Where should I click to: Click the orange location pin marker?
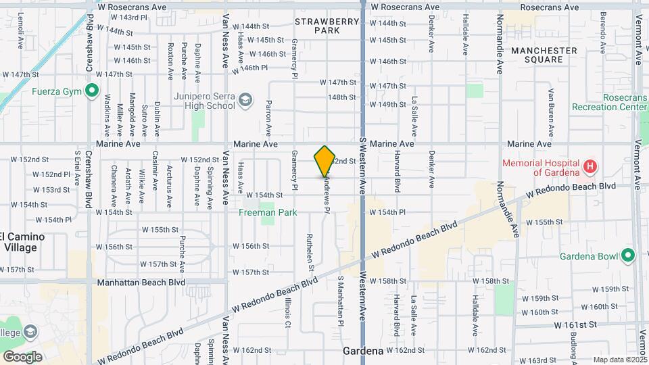coord(324,161)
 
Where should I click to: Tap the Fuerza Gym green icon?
coord(93,92)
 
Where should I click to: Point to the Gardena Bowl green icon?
coord(628,256)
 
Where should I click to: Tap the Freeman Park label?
coord(268,212)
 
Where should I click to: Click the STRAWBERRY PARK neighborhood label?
coord(327,26)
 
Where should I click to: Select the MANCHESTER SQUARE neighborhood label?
coord(544,55)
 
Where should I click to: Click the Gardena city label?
coord(364,351)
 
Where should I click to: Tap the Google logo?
coord(22,357)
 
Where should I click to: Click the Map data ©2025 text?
coord(619,360)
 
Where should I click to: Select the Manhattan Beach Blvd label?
coord(141,282)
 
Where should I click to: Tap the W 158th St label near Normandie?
coord(490,281)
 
